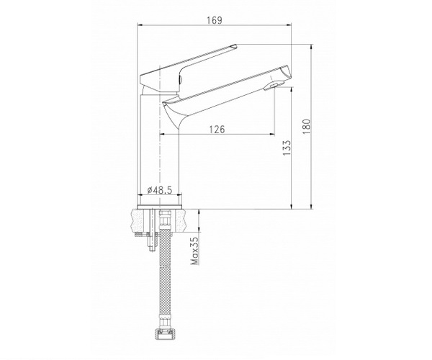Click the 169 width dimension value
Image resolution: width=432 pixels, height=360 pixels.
click(x=215, y=20)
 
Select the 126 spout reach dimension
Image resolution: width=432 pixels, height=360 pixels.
click(x=217, y=129)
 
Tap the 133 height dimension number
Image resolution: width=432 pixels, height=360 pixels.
click(x=287, y=148)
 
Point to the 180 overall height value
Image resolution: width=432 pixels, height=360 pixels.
click(x=307, y=127)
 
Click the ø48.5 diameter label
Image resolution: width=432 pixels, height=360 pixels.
click(x=160, y=190)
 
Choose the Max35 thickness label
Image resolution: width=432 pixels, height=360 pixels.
click(x=195, y=251)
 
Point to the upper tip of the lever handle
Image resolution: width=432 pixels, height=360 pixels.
click(x=236, y=45)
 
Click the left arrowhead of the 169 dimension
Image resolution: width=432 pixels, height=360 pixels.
click(x=140, y=25)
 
